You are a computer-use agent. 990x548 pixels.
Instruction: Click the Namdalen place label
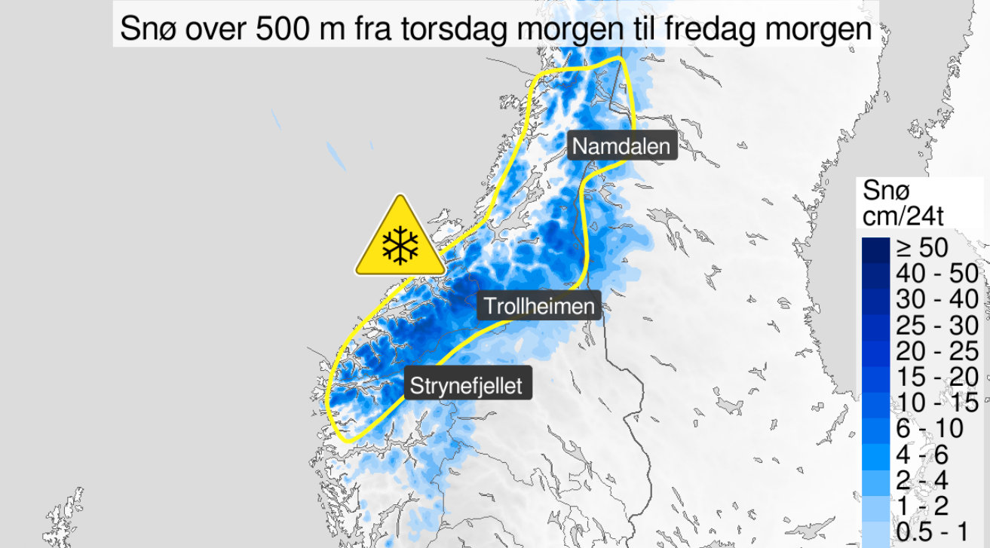(x=621, y=145)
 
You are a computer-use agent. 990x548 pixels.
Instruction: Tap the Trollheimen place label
(x=539, y=306)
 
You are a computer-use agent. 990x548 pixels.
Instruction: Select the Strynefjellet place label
(x=466, y=385)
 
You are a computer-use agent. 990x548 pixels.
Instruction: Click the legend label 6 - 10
(x=930, y=428)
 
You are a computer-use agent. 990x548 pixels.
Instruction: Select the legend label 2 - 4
(x=924, y=479)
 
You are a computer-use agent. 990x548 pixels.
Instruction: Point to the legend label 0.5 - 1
(x=932, y=531)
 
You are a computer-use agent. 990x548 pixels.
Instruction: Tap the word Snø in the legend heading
(x=883, y=191)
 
